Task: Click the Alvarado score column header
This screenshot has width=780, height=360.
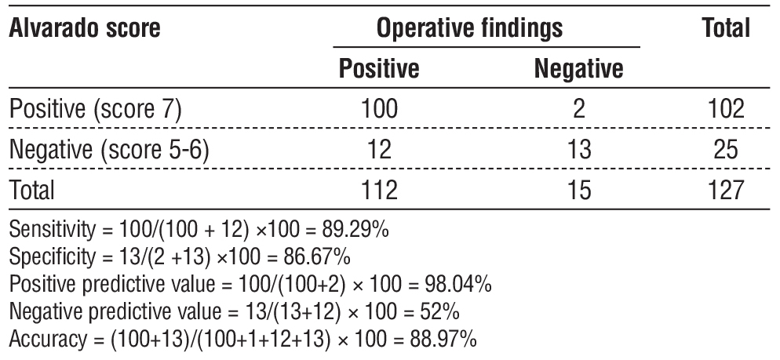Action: pos(85,29)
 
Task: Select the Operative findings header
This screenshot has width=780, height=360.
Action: pos(470,29)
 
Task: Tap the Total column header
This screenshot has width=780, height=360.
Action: pos(726,29)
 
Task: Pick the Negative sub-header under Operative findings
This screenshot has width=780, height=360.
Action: pos(578,70)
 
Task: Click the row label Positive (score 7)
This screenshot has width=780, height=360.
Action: pos(96,109)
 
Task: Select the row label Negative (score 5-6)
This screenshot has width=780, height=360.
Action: pos(109,149)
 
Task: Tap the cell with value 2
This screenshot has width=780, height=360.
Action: pos(578,109)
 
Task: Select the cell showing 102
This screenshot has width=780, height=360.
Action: pos(724,109)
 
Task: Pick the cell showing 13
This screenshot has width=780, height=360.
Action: pos(578,149)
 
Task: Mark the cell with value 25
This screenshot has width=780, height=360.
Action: pos(724,149)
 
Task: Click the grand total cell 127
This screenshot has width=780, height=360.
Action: pos(724,189)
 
